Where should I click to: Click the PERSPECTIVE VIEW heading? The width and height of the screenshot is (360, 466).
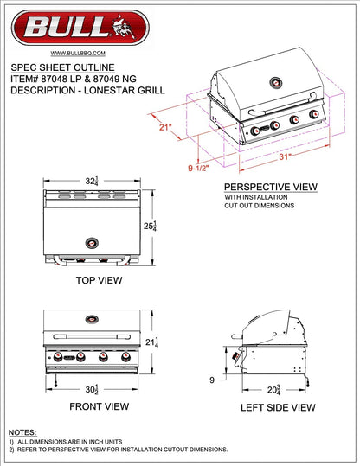pos(270,187)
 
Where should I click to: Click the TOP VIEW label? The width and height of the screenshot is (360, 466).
pos(98,280)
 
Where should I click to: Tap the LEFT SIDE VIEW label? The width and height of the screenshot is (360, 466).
pos(279,405)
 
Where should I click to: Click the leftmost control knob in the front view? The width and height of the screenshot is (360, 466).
pos(60,356)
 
